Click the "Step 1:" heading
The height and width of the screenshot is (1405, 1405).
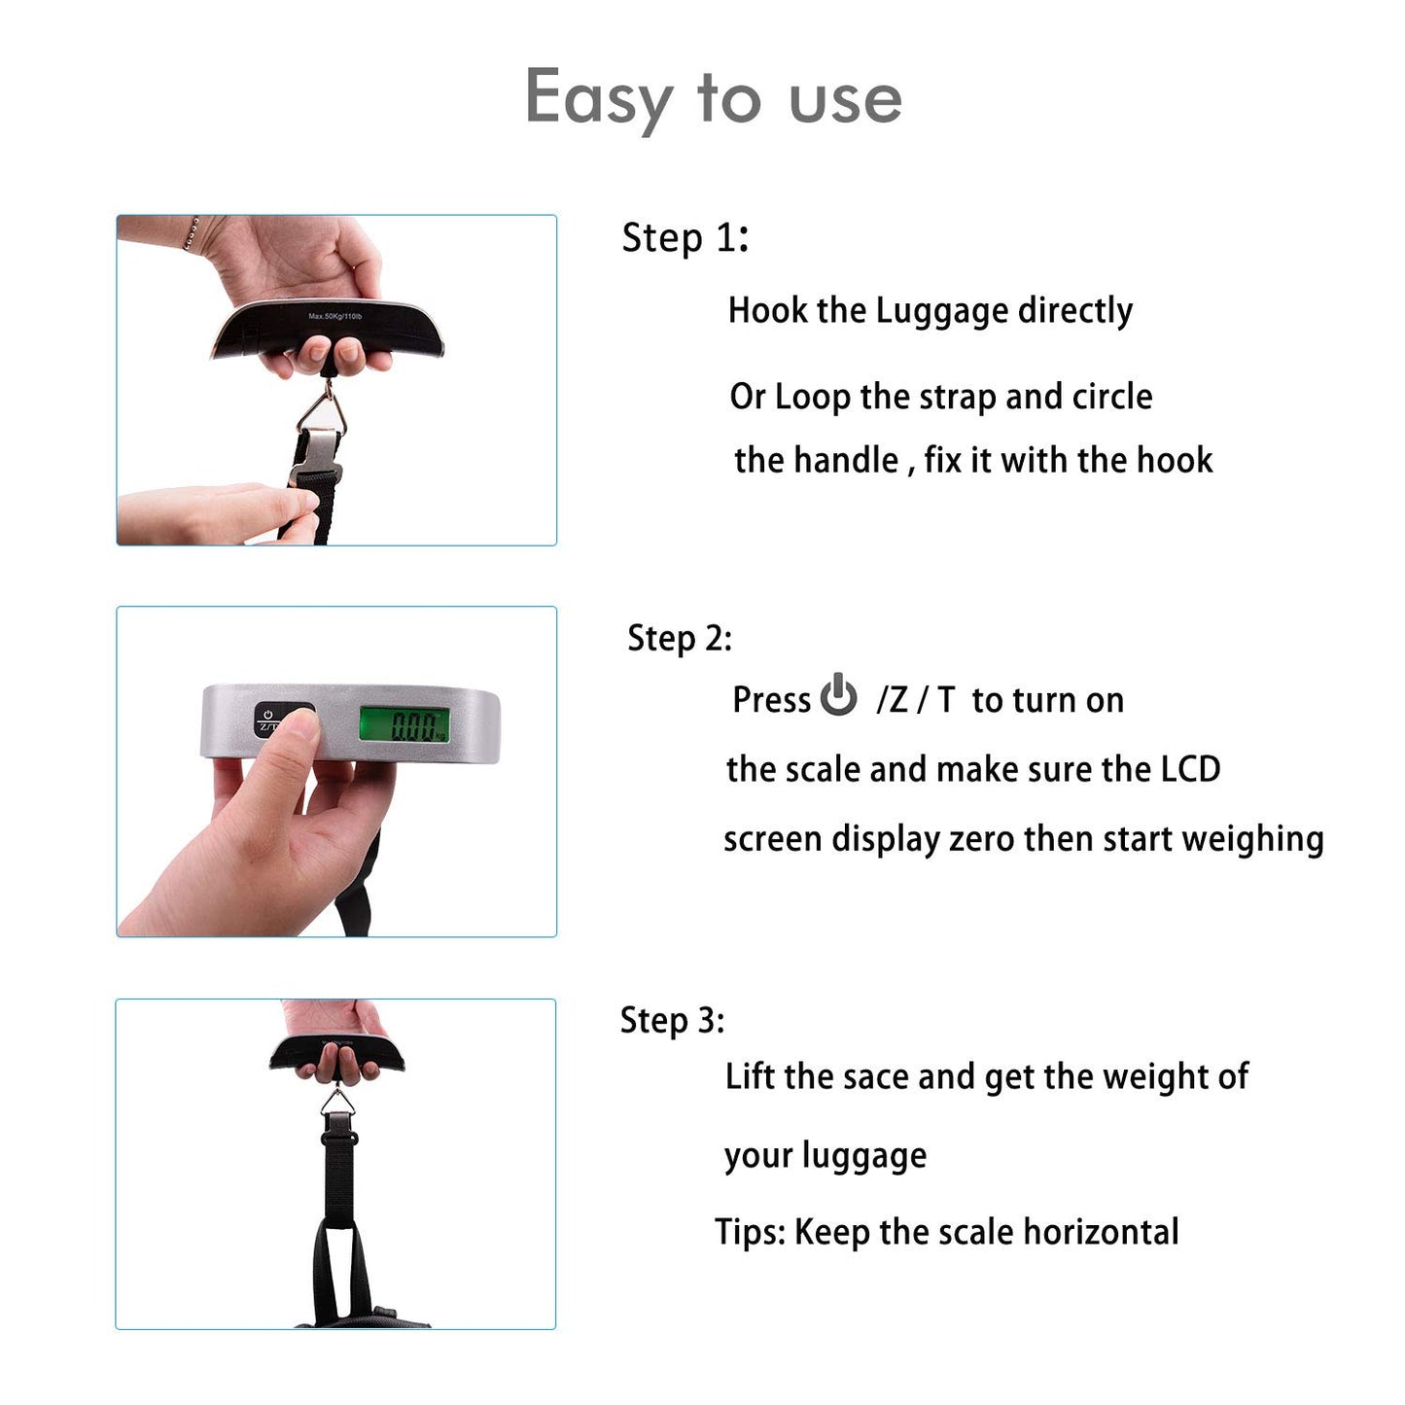pyautogui.click(x=685, y=238)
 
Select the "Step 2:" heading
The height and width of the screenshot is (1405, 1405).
pyautogui.click(x=680, y=638)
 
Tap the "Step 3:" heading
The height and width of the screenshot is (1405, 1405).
pyautogui.click(x=672, y=1020)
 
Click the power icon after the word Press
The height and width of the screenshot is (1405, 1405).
pyautogui.click(x=838, y=694)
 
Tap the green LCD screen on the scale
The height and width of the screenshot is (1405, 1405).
pyautogui.click(x=404, y=724)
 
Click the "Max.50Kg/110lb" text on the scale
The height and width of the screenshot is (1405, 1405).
pyautogui.click(x=334, y=316)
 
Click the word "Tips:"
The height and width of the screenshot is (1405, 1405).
pyautogui.click(x=751, y=1232)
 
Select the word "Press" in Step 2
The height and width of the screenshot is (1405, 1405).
pyautogui.click(x=771, y=699)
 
